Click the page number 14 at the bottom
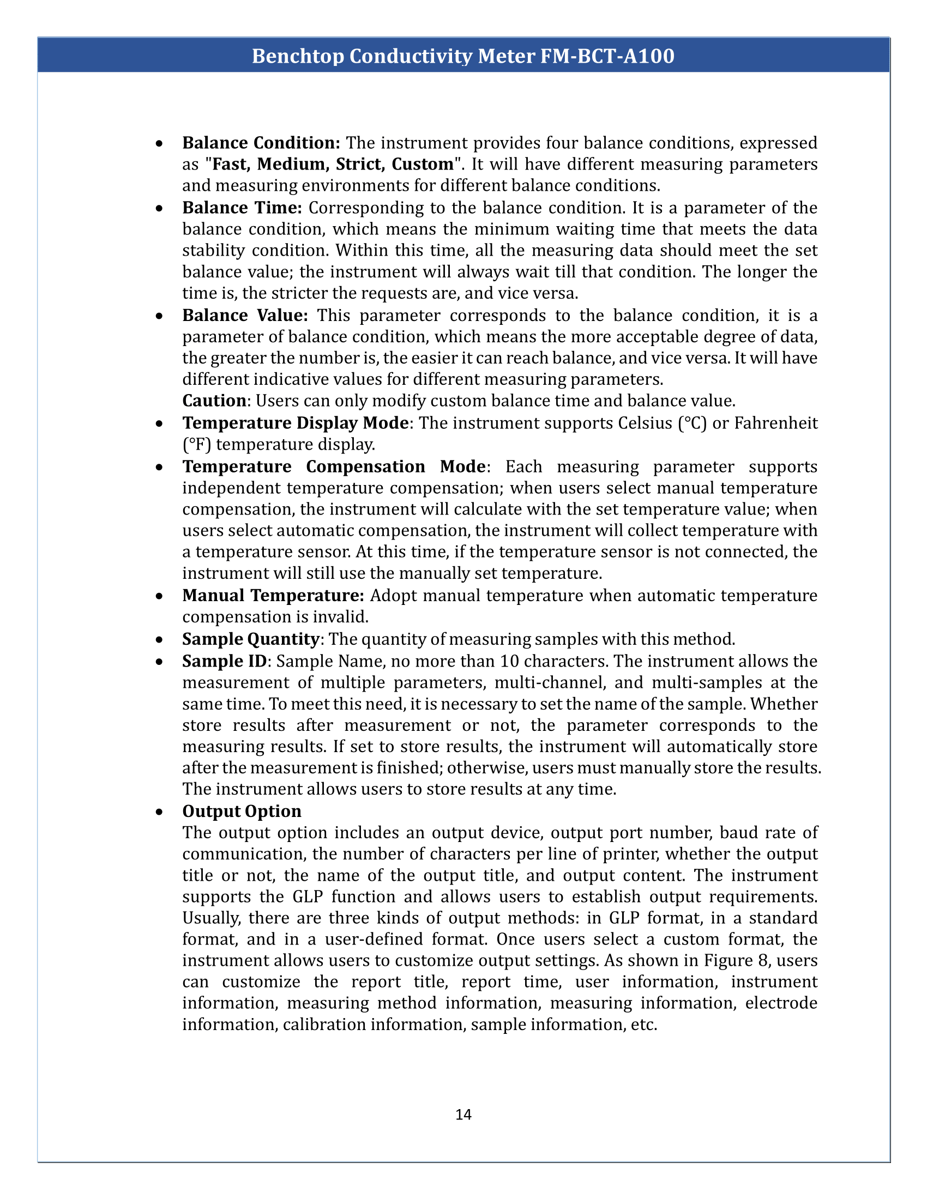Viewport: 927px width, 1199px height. (463, 1114)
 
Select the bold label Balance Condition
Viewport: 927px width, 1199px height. (261, 143)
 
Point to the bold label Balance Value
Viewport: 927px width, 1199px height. (245, 315)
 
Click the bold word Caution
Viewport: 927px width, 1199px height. (214, 401)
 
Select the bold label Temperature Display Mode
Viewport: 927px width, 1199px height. (296, 423)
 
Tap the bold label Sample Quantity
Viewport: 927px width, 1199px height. (250, 639)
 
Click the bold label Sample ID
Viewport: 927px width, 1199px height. (224, 661)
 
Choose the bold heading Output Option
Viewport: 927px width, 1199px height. (242, 811)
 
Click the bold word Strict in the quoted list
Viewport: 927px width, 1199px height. (358, 164)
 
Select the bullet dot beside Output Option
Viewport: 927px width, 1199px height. (159, 812)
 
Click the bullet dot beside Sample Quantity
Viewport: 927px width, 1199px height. (159, 640)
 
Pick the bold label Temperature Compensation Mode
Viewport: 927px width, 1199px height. (334, 466)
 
